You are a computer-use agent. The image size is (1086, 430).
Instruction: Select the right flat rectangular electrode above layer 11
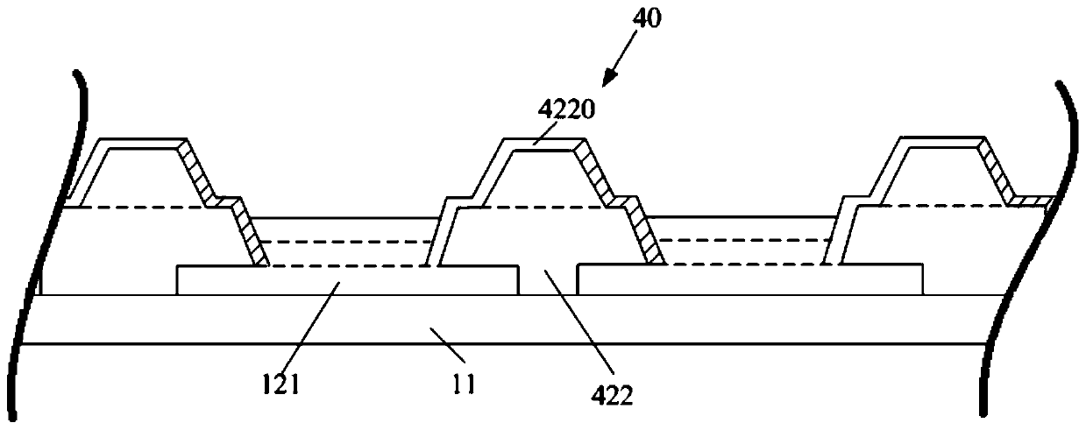click(749, 279)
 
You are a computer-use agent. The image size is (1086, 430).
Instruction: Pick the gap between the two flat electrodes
click(547, 279)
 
